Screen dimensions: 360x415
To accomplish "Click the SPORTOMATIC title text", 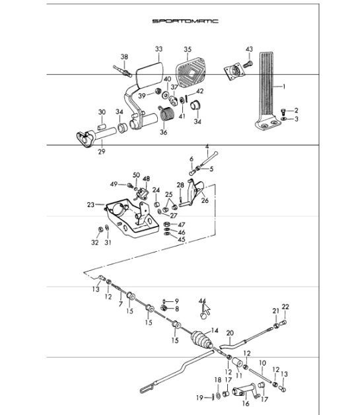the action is click(x=186, y=21).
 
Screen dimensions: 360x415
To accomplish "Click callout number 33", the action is click(x=159, y=49).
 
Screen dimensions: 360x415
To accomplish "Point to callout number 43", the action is click(x=249, y=49).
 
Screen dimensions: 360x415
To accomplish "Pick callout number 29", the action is click(x=102, y=151).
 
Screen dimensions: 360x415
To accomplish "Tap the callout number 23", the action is click(x=90, y=205).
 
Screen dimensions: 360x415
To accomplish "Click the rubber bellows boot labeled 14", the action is click(x=201, y=339).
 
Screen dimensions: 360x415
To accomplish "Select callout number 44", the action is click(x=202, y=301).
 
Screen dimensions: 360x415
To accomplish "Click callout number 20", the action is click(x=230, y=333).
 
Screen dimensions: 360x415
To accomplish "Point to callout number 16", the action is click(x=246, y=403).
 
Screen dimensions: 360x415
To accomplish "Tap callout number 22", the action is click(x=285, y=307).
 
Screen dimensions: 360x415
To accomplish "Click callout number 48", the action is click(x=146, y=179).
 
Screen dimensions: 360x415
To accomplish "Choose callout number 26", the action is click(x=205, y=200).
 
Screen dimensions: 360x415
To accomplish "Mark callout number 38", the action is click(x=124, y=57).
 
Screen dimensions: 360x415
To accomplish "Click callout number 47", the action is click(x=181, y=225).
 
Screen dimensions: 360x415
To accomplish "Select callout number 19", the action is click(x=200, y=398).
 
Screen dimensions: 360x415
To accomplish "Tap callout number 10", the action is click(x=262, y=363).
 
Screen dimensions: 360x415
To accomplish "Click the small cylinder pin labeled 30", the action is click(x=102, y=127).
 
